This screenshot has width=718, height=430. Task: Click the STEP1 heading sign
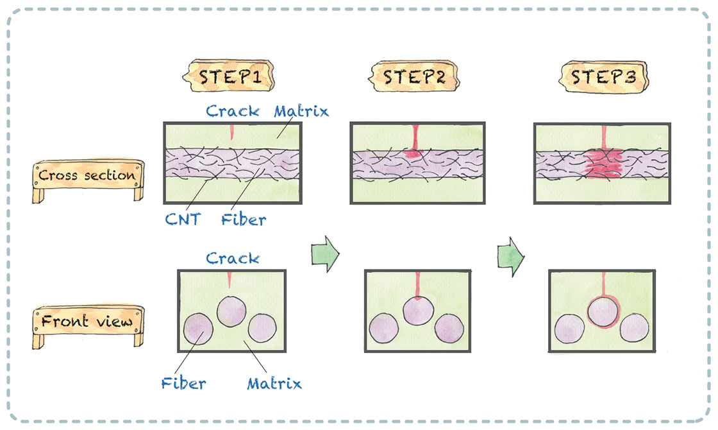click(x=229, y=77)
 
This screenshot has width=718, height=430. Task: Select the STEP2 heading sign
click(x=413, y=77)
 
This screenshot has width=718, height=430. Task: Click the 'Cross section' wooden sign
click(x=87, y=175)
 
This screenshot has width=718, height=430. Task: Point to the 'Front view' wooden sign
click(x=87, y=321)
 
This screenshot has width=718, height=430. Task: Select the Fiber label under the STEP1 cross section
click(x=244, y=220)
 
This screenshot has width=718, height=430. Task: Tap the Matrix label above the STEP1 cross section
click(x=301, y=111)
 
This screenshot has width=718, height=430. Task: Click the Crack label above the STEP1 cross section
click(x=232, y=111)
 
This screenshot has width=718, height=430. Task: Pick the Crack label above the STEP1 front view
click(x=232, y=258)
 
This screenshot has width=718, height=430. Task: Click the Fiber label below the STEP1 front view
click(x=183, y=384)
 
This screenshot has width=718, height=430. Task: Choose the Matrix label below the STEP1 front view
click(x=274, y=384)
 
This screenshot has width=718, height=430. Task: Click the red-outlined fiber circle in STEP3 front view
click(x=603, y=312)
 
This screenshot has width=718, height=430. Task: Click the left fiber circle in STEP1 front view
click(x=198, y=329)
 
